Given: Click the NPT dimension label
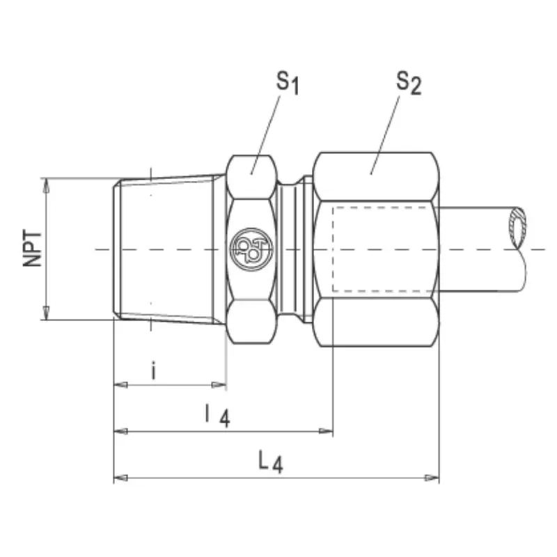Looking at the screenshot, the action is pyautogui.click(x=32, y=248).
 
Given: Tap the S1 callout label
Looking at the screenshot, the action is pyautogui.click(x=288, y=83).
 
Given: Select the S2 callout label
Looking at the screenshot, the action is pyautogui.click(x=409, y=83).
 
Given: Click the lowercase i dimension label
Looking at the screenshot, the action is pyautogui.click(x=153, y=370).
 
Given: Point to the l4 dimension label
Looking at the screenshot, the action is pyautogui.click(x=218, y=416).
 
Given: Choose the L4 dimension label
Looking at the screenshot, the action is pyautogui.click(x=271, y=462).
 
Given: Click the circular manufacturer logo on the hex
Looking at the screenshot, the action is pyautogui.click(x=251, y=249).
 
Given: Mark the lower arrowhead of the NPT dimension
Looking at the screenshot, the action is pyautogui.click(x=46, y=312).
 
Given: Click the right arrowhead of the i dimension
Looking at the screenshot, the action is pyautogui.click(x=219, y=385).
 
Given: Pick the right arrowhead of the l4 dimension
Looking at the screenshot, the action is pyautogui.click(x=326, y=431).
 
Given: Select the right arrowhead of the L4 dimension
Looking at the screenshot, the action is pyautogui.click(x=432, y=478).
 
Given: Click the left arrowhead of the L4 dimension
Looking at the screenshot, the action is pyautogui.click(x=120, y=478).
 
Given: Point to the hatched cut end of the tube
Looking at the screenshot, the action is pyautogui.click(x=517, y=228).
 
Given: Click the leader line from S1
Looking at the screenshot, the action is pyautogui.click(x=265, y=135).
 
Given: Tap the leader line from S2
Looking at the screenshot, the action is pyautogui.click(x=385, y=135).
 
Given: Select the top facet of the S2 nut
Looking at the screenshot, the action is pyautogui.click(x=376, y=177).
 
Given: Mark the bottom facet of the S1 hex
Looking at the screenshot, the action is pyautogui.click(x=251, y=322).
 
